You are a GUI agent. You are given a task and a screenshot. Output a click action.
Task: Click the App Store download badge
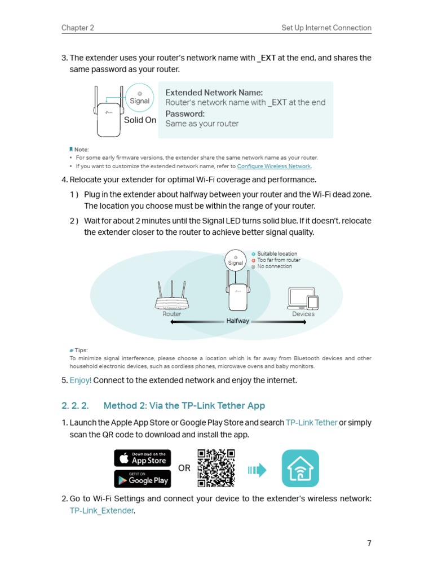[x=142, y=458]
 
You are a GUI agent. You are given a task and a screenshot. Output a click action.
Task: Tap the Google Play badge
[x=142, y=479]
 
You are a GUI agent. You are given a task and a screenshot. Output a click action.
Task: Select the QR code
[x=216, y=468]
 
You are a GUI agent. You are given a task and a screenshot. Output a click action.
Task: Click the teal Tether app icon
[x=300, y=468]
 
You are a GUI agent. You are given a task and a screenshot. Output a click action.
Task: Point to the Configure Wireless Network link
[x=274, y=167]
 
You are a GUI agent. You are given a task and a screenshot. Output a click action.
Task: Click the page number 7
[x=369, y=543]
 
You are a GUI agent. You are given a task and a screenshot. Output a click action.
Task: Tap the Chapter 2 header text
[x=78, y=28]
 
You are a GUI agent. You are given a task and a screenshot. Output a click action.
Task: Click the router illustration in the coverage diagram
[x=172, y=296]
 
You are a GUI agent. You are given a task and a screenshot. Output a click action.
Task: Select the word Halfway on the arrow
[x=237, y=321]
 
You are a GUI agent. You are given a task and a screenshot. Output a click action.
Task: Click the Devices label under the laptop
[x=303, y=314]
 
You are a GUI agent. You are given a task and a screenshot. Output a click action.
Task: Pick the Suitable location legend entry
[x=277, y=254]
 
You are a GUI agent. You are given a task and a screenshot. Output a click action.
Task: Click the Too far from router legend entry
[x=279, y=260]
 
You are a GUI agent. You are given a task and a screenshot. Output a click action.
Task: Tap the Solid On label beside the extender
[x=140, y=120]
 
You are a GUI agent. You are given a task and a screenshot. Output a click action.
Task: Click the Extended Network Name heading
[x=214, y=93]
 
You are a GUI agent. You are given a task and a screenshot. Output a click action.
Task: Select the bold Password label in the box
[x=185, y=113]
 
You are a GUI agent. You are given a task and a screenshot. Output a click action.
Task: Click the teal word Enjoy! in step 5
[x=81, y=380]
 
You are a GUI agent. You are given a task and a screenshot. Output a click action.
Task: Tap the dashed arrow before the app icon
[x=257, y=470]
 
